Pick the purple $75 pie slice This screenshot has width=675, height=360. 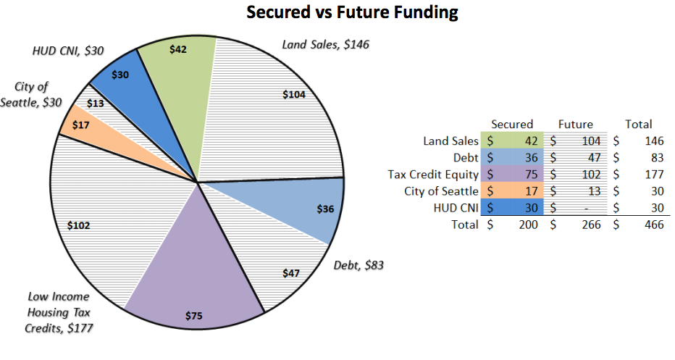click(x=194, y=290)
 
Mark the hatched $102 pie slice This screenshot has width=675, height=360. click(x=87, y=225)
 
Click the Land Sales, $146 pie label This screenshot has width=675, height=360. click(x=325, y=45)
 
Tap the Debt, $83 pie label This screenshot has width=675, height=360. click(x=359, y=265)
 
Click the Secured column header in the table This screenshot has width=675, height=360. click(x=511, y=124)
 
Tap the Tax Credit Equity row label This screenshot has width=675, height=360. click(x=433, y=174)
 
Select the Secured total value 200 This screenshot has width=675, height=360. click(x=527, y=225)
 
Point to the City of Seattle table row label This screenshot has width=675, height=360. click(x=441, y=191)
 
